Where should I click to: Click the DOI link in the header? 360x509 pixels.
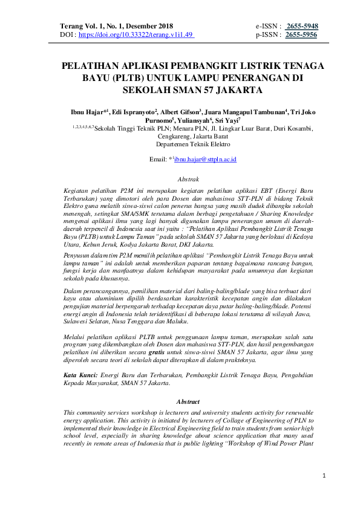pyautogui.click(x=136, y=35)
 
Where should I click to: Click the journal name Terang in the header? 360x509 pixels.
pyautogui.click(x=73, y=27)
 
